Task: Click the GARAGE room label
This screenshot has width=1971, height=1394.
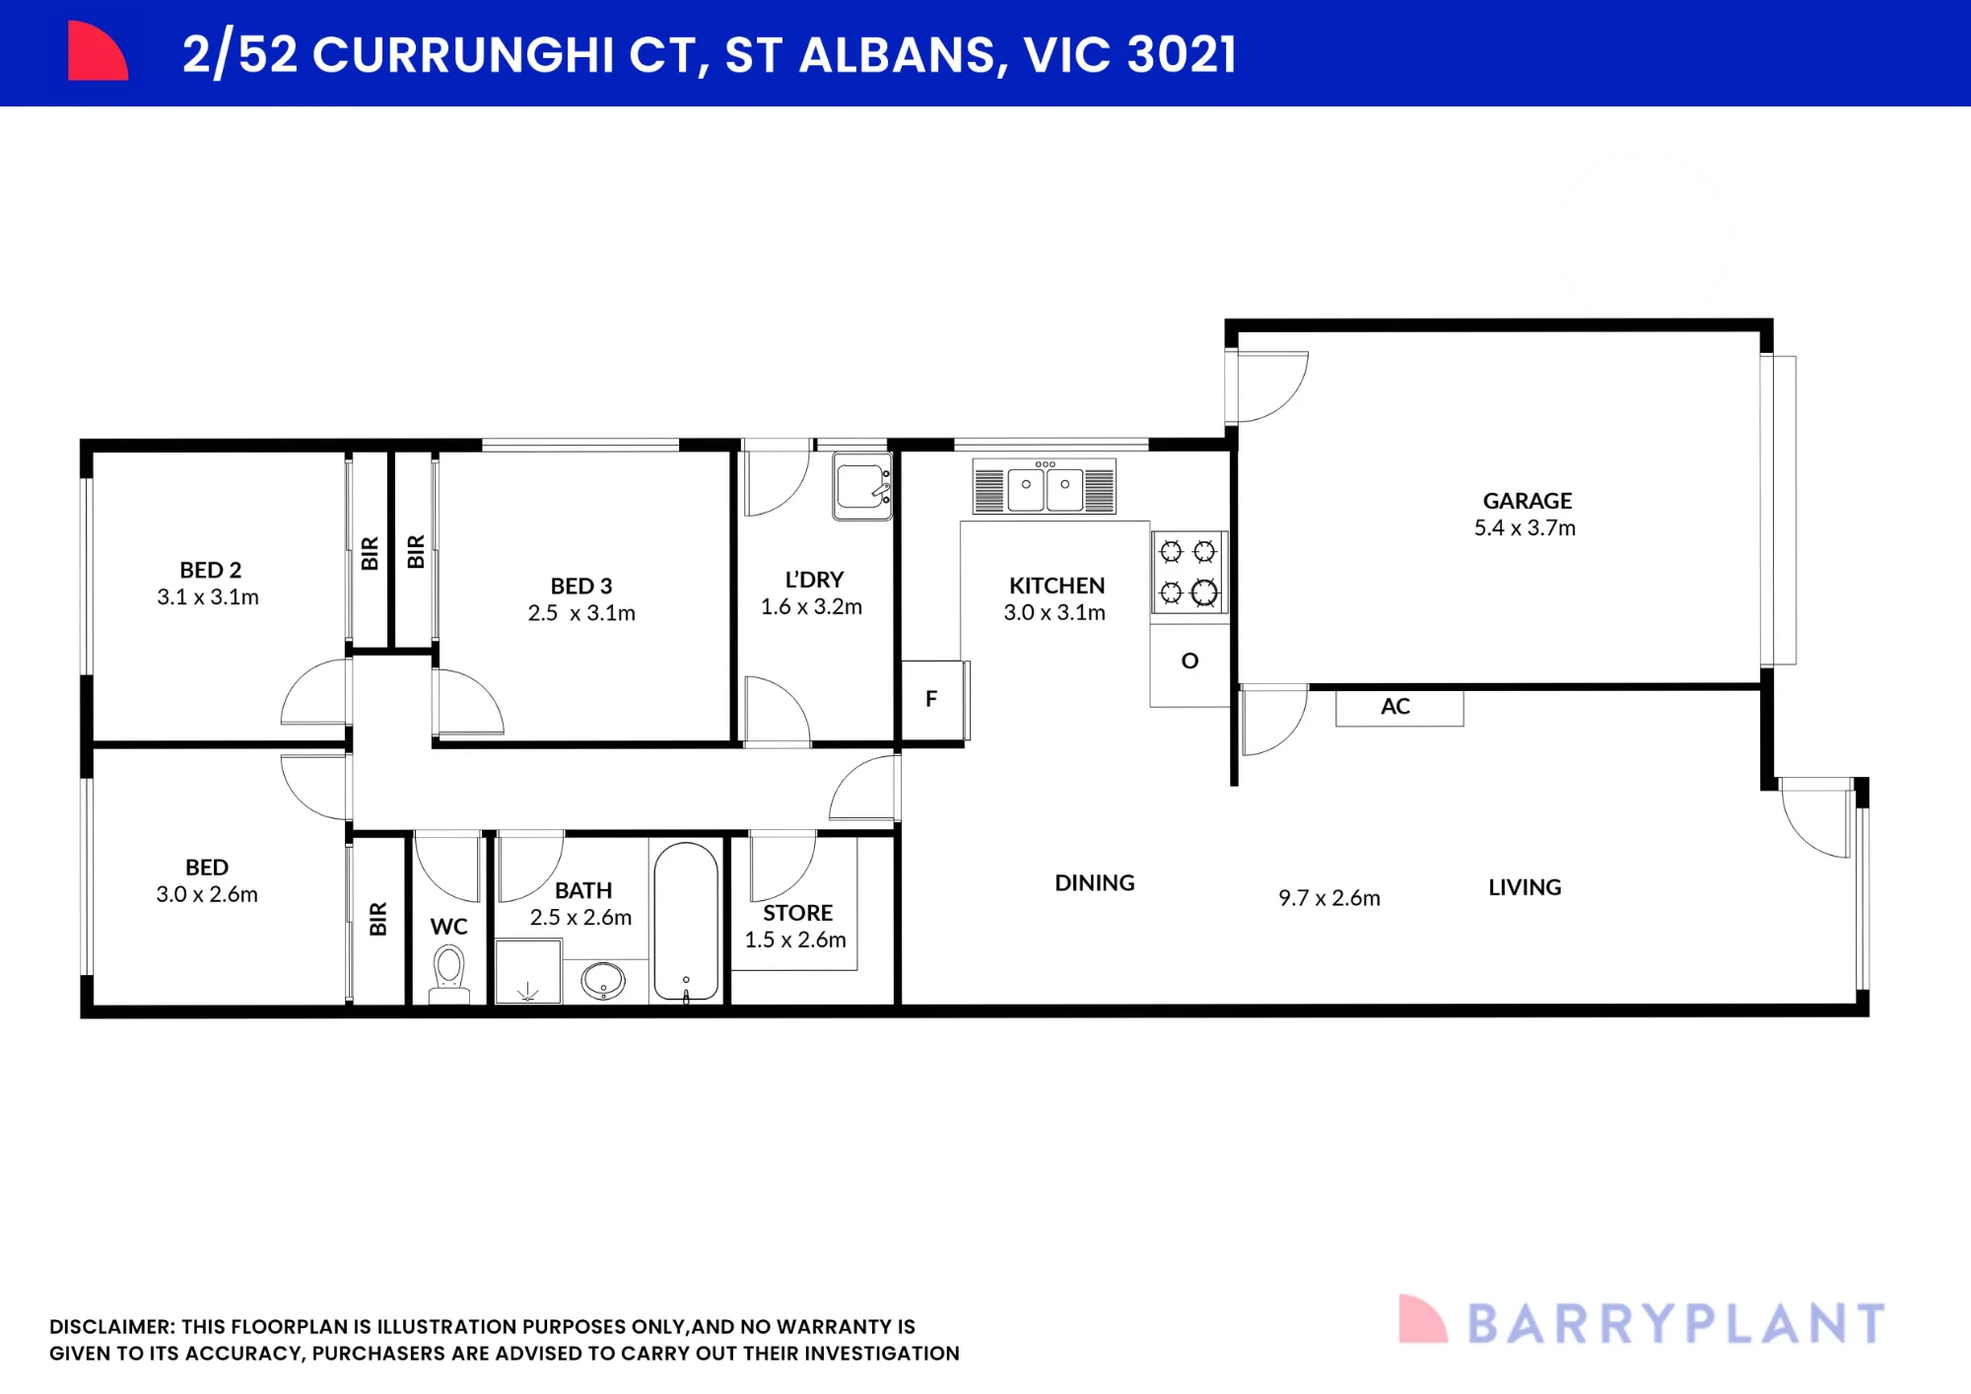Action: pyautogui.click(x=1528, y=501)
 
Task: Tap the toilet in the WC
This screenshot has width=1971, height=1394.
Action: pyautogui.click(x=449, y=973)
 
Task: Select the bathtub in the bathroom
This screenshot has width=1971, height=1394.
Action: pyautogui.click(x=686, y=922)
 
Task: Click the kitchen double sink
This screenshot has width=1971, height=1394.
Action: pyautogui.click(x=1045, y=486)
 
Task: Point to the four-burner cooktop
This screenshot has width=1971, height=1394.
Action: pyautogui.click(x=1189, y=572)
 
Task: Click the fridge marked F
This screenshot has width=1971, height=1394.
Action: pyautogui.click(x=932, y=699)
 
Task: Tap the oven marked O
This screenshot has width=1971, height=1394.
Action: pyautogui.click(x=1189, y=660)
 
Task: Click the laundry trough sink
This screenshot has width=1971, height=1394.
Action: pyautogui.click(x=862, y=486)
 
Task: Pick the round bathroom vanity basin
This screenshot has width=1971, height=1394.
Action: pyautogui.click(x=603, y=981)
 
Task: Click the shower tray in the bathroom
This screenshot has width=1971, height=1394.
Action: pyautogui.click(x=528, y=971)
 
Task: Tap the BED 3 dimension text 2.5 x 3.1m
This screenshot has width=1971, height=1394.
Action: pyautogui.click(x=581, y=613)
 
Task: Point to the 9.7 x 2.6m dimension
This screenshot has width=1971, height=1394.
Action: pyautogui.click(x=1329, y=898)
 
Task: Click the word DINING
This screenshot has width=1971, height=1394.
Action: pyautogui.click(x=1095, y=883)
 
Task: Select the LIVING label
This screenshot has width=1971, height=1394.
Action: pyautogui.click(x=1525, y=887)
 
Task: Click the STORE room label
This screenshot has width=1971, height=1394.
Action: pyautogui.click(x=797, y=913)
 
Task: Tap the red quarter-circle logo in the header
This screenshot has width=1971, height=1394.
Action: pyautogui.click(x=97, y=51)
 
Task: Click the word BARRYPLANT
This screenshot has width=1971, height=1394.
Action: pyautogui.click(x=1676, y=1324)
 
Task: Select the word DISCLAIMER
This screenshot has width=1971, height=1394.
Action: pyautogui.click(x=112, y=1327)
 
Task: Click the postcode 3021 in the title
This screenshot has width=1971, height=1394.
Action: pyautogui.click(x=1182, y=54)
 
